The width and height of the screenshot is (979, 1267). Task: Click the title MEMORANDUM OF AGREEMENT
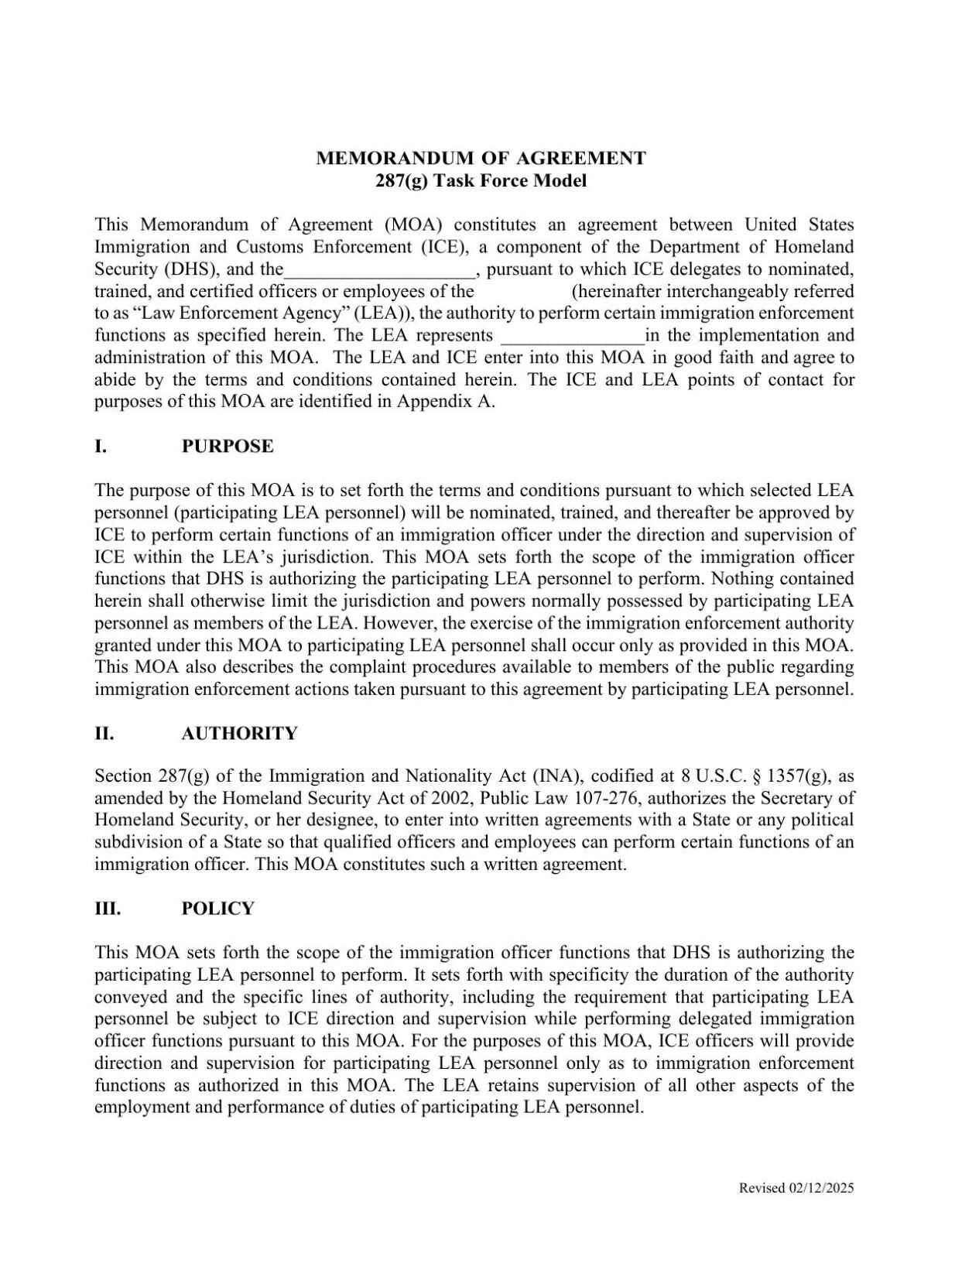point(481,159)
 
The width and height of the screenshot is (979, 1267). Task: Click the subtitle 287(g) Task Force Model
point(481,181)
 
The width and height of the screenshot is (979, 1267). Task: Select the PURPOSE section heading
point(228,447)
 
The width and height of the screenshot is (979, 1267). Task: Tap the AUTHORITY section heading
point(239,734)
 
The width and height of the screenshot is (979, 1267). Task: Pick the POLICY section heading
point(217,909)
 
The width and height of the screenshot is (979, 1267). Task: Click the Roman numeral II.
point(104,734)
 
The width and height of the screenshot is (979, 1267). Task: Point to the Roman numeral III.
point(108,909)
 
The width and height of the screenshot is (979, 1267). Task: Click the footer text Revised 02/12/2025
point(796,1188)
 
